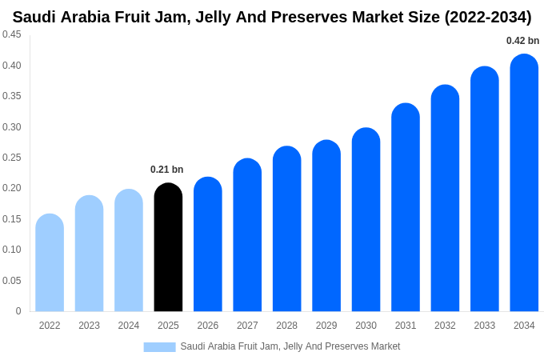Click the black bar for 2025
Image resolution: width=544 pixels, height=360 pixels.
click(x=168, y=248)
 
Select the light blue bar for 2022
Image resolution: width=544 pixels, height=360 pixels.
click(x=50, y=263)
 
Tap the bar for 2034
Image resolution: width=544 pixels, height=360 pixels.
click(x=524, y=183)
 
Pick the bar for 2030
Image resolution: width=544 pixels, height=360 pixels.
click(x=366, y=220)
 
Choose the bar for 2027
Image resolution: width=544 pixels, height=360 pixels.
click(x=247, y=235)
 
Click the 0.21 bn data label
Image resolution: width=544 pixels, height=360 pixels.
click(x=167, y=170)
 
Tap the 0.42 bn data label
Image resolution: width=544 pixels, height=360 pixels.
click(x=522, y=41)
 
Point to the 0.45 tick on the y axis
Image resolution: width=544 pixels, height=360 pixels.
click(x=12, y=34)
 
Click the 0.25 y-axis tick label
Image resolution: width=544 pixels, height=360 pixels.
click(x=12, y=158)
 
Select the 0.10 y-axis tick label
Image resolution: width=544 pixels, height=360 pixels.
click(x=12, y=250)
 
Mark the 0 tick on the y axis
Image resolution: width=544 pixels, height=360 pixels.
click(x=18, y=311)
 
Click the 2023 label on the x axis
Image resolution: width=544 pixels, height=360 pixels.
click(x=89, y=326)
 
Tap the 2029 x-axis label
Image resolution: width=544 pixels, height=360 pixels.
click(x=326, y=326)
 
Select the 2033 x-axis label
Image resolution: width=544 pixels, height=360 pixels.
click(x=485, y=326)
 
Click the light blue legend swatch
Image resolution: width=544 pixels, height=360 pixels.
click(x=159, y=347)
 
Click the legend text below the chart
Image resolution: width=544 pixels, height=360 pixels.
click(x=290, y=346)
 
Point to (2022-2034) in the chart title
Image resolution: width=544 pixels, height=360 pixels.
click(x=487, y=17)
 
